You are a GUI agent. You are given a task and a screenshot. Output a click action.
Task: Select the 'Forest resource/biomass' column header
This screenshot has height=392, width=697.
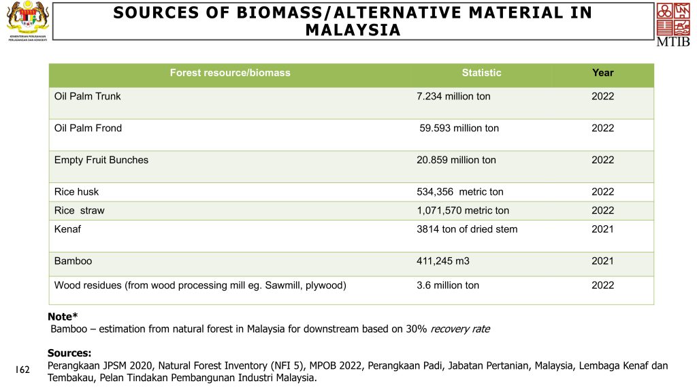pyautogui.click(x=229, y=73)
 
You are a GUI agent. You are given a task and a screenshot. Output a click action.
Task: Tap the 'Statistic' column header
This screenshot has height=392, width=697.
pyautogui.click(x=481, y=73)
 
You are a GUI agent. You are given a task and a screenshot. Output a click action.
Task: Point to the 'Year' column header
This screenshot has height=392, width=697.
pyautogui.click(x=602, y=73)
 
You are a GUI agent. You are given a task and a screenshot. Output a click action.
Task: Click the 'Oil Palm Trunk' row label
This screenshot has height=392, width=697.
pyautogui.click(x=87, y=97)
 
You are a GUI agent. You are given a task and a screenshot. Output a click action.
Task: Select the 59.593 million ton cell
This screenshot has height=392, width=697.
pyautogui.click(x=459, y=129)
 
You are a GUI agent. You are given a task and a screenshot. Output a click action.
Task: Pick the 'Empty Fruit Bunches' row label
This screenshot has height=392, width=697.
pyautogui.click(x=101, y=161)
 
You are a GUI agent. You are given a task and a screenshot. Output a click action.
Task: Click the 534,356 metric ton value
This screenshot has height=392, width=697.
pyautogui.click(x=459, y=193)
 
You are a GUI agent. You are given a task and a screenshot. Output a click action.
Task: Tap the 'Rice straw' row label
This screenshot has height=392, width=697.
pyautogui.click(x=79, y=211)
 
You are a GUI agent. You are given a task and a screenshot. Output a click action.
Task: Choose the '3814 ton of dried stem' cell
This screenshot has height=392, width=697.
pyautogui.click(x=466, y=229)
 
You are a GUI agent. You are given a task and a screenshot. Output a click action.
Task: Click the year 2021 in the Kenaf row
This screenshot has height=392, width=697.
pyautogui.click(x=602, y=229)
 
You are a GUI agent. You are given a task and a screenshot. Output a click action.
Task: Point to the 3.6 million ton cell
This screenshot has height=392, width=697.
pyautogui.click(x=447, y=286)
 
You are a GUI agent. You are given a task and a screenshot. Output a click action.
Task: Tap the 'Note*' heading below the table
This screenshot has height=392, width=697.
pyautogui.click(x=63, y=316)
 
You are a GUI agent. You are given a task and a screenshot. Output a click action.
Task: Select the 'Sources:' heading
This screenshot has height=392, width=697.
pyautogui.click(x=69, y=353)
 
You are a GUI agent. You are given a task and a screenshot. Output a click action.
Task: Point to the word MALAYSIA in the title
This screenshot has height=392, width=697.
pyautogui.click(x=353, y=31)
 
